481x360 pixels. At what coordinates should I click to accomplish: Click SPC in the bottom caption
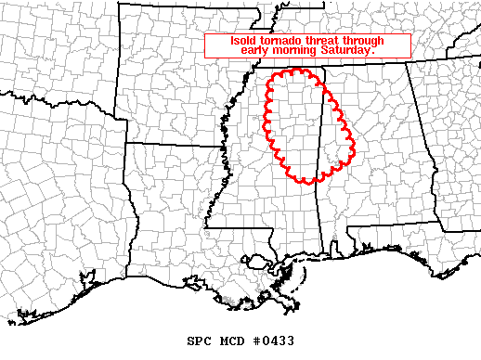pos(199,341)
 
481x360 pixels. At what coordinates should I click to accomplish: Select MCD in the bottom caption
pos(230,341)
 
